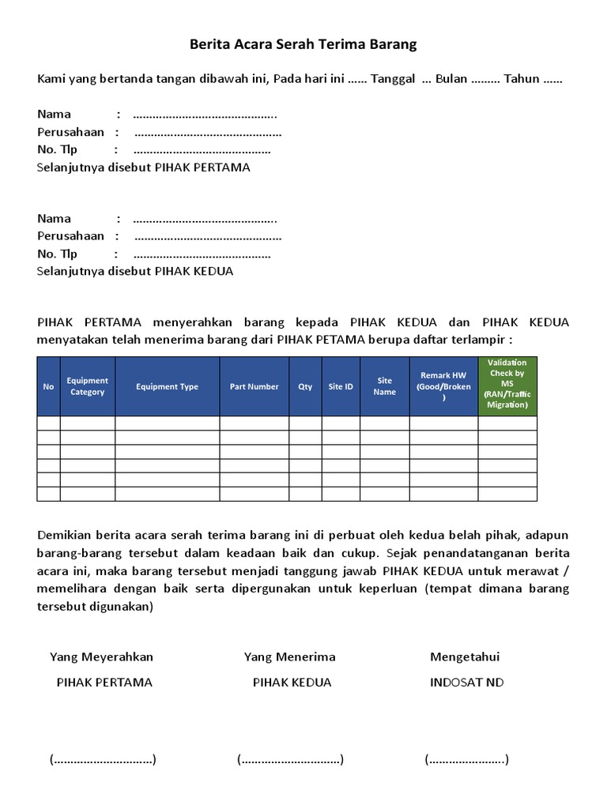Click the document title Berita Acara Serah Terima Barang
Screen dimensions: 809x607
click(303, 45)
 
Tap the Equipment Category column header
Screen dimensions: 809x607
click(87, 386)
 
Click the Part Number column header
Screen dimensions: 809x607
click(254, 386)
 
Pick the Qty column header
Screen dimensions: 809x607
click(305, 386)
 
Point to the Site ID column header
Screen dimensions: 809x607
click(341, 386)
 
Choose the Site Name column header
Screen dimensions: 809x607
click(384, 386)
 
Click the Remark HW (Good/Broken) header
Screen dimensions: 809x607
click(443, 386)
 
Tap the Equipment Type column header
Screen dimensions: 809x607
click(167, 386)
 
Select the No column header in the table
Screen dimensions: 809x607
click(48, 386)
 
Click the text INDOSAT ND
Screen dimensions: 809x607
click(466, 682)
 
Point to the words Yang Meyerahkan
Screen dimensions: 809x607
click(101, 657)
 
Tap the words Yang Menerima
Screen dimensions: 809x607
click(289, 657)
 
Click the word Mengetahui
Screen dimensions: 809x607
click(465, 657)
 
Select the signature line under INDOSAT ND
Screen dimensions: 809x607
click(466, 760)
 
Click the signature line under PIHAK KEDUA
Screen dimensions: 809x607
click(290, 760)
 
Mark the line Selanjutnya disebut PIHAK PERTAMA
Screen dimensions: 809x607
click(144, 167)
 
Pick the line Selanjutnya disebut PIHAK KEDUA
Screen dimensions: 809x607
click(135, 271)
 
